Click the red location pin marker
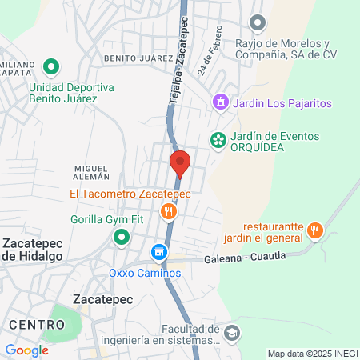(x=180, y=163)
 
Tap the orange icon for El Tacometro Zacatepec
(x=168, y=211)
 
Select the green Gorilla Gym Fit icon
(x=121, y=237)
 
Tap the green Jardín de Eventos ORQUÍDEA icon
(x=217, y=140)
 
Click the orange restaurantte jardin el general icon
(x=316, y=231)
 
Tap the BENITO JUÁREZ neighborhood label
(x=138, y=58)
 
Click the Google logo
(x=26, y=350)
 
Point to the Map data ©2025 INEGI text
(x=312, y=354)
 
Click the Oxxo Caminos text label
(x=146, y=273)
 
